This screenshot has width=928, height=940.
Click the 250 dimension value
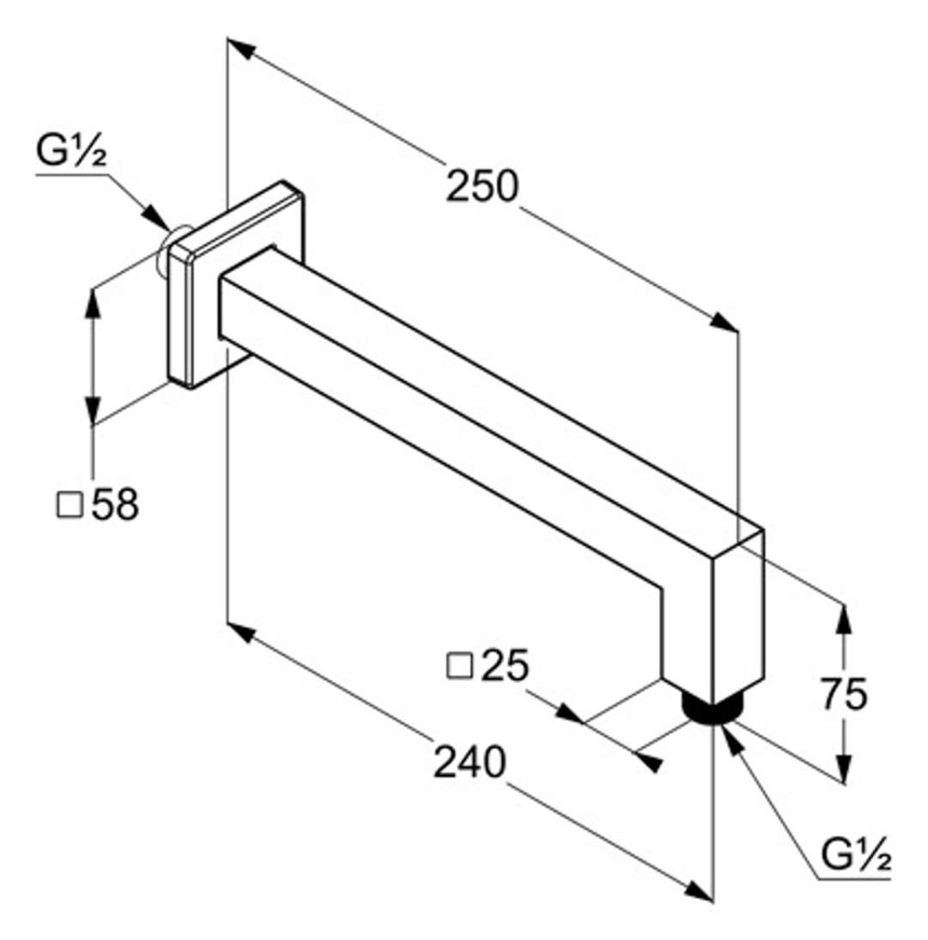coord(481,185)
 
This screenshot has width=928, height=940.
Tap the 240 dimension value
coord(469,762)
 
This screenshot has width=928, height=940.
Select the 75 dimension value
coord(844,694)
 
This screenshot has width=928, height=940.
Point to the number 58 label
coord(115,504)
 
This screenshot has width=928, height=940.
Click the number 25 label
coord(506,665)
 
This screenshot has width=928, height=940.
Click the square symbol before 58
coord(70,505)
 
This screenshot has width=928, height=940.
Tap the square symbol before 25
coord(460,666)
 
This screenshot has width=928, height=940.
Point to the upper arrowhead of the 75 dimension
coord(844,620)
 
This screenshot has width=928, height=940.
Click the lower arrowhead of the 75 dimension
coord(844,769)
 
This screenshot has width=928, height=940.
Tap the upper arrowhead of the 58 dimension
coord(92,305)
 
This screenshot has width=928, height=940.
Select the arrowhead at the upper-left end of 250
coord(241,49)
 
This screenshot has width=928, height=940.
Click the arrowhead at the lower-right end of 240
coord(699,890)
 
